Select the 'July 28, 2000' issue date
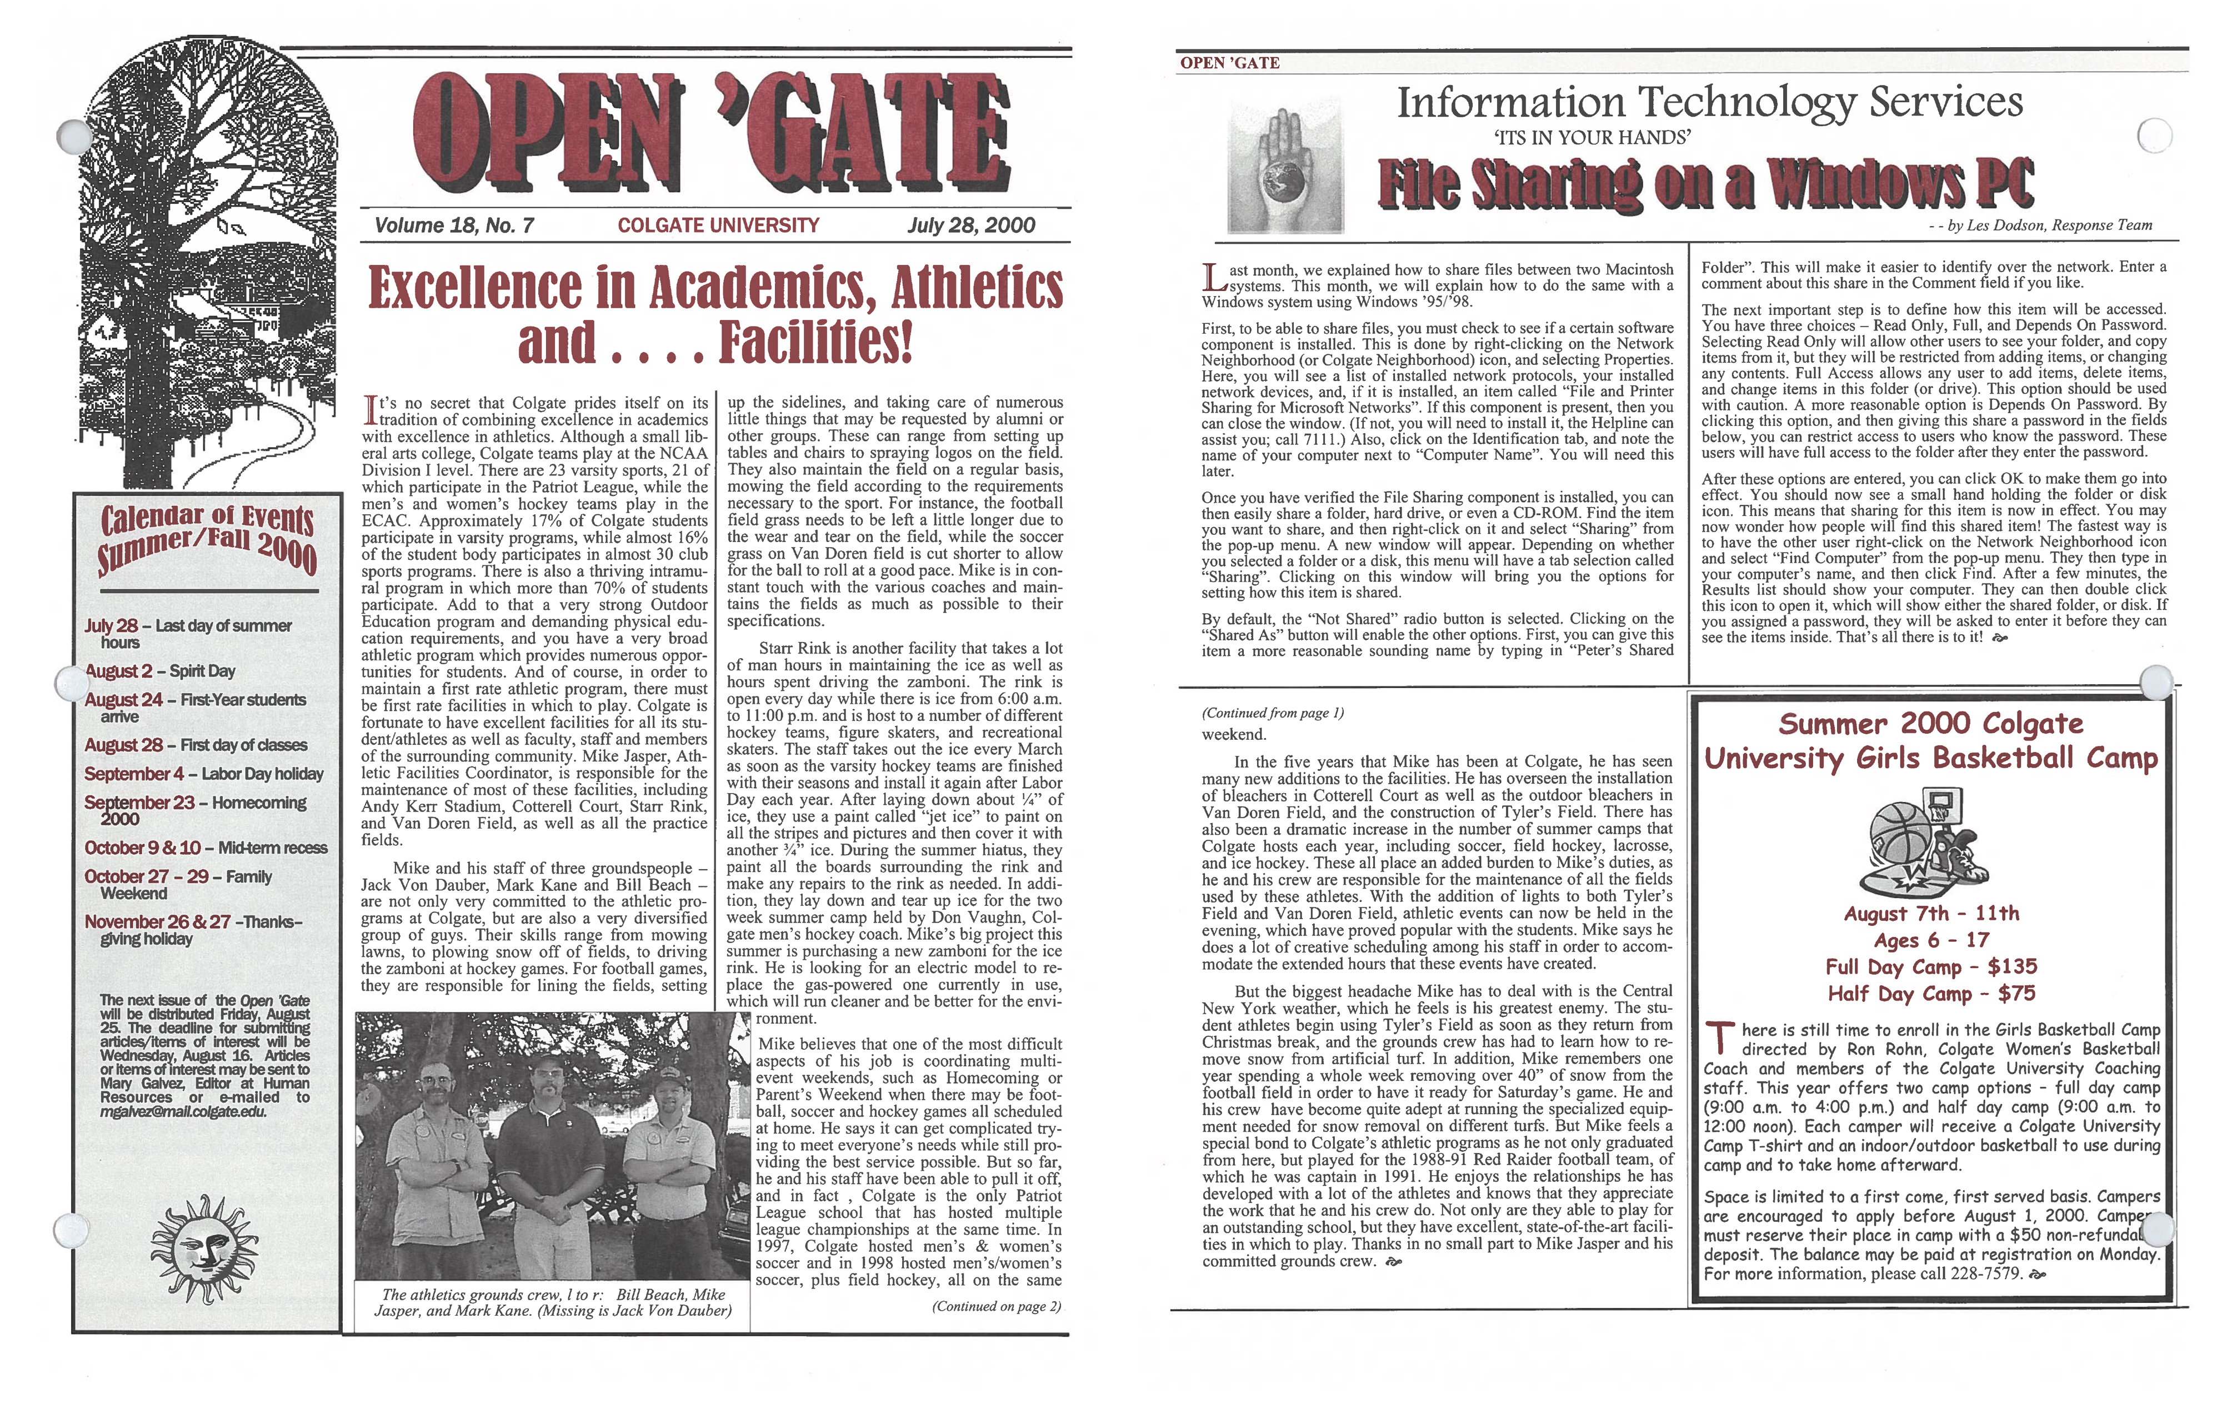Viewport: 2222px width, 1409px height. point(971,225)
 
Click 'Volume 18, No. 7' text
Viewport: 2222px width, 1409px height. point(454,225)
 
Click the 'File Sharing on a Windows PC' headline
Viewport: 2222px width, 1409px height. point(1705,184)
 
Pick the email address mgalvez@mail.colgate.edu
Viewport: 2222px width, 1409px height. point(184,1112)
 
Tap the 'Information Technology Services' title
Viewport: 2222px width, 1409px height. point(1709,102)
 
